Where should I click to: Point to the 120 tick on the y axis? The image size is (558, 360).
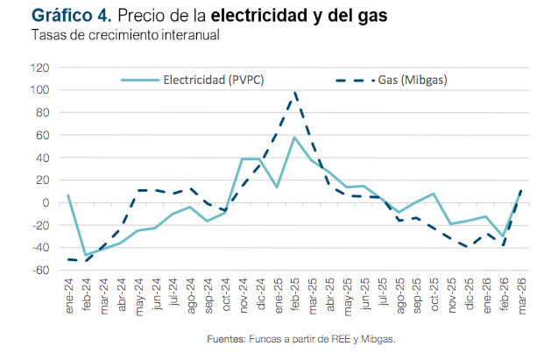pos(41,67)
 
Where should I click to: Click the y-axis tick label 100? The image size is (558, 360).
pos(41,90)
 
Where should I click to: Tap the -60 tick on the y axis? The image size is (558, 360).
pos(41,270)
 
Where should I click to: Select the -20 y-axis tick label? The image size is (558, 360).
pos(41,225)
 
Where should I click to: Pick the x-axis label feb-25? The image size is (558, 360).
pos(295,293)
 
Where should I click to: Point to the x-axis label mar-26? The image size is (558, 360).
pos(523,293)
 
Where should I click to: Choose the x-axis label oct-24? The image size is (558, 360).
pos(225,293)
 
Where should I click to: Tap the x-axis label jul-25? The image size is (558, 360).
pos(383,293)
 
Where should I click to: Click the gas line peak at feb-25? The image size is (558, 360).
pos(295,92)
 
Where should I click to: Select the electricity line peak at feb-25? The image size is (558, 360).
pos(295,138)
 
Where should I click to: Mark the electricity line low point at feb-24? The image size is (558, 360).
pos(85,255)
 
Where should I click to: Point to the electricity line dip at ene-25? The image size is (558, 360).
pos(278,187)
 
